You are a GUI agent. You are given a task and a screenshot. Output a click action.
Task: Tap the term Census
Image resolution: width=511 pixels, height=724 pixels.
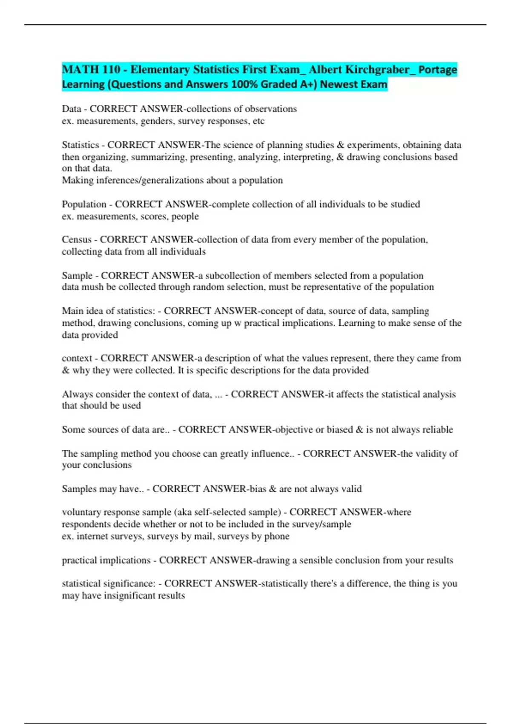tap(76, 240)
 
